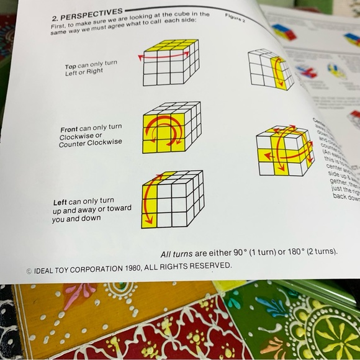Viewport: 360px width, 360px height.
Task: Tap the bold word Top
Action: point(71,66)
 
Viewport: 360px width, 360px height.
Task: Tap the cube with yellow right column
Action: point(271,70)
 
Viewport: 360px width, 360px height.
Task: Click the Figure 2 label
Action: point(235,17)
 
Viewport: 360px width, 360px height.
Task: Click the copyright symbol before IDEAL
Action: point(29,271)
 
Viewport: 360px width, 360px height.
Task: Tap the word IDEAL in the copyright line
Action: point(46,271)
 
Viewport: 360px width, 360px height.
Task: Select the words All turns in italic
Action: point(177,254)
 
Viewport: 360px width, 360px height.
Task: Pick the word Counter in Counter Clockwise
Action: point(74,145)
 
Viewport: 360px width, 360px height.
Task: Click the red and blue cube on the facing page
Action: point(284,31)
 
